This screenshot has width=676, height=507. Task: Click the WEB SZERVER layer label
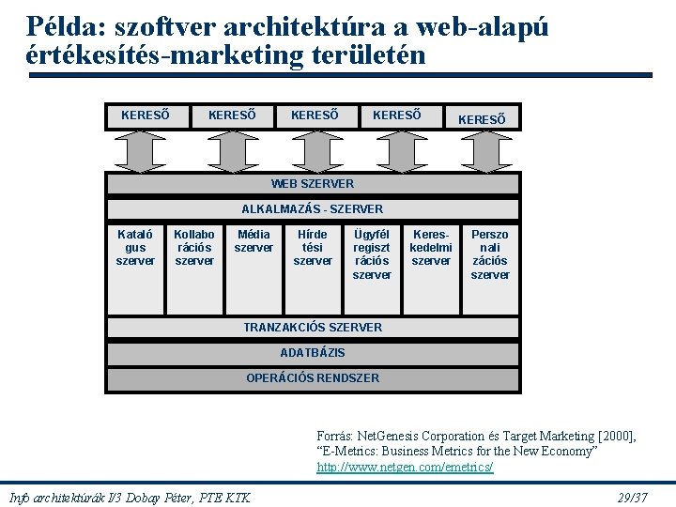[x=312, y=184]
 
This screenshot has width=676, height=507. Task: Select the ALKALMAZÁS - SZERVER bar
[x=312, y=208]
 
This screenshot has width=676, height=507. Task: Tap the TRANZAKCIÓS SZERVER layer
[x=312, y=327]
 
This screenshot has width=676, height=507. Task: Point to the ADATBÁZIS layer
[x=312, y=353]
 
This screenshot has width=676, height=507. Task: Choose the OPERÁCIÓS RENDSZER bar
[x=312, y=378]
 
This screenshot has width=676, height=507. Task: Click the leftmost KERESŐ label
[x=146, y=115]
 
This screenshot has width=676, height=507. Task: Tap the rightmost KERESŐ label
[x=482, y=119]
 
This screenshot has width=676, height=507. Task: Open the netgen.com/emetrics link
[x=405, y=467]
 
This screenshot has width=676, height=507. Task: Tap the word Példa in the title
[x=61, y=25]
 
